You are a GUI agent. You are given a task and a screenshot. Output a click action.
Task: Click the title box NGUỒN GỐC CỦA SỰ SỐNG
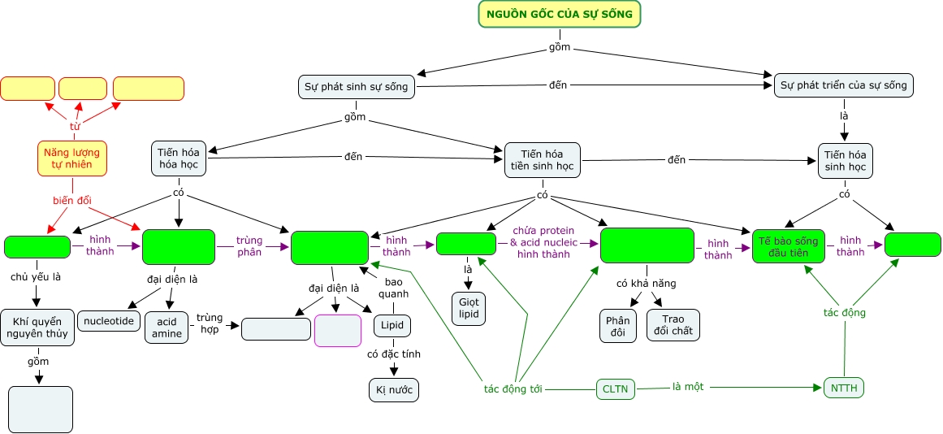[560, 14]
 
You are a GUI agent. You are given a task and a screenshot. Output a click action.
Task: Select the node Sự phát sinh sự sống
[357, 86]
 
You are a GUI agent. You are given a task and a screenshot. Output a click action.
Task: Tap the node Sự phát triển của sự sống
[844, 85]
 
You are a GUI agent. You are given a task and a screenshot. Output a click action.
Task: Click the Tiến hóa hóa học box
[179, 158]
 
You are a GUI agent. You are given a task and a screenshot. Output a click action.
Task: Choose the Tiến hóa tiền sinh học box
[542, 160]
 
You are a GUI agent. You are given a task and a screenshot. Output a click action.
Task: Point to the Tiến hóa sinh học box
[845, 160]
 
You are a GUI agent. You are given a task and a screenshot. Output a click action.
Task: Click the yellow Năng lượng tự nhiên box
[72, 158]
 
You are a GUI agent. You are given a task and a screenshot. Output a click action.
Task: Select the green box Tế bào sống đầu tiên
[788, 245]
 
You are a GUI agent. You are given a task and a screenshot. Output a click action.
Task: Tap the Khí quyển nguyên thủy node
[37, 328]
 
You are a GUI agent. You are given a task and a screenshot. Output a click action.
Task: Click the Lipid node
[391, 326]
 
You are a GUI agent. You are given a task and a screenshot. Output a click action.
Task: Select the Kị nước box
[394, 390]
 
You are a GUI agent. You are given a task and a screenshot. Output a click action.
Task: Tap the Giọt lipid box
[468, 309]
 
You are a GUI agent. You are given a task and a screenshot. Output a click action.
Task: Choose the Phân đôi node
[617, 326]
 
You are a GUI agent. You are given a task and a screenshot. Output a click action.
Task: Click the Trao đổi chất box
[673, 325]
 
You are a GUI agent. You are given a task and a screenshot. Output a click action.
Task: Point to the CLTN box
[616, 389]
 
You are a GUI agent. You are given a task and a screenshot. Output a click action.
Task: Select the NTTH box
[844, 388]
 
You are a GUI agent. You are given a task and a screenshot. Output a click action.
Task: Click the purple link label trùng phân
[249, 246]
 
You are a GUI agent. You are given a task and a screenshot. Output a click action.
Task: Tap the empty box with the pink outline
[337, 330]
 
